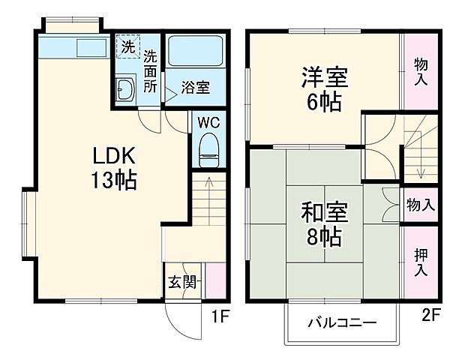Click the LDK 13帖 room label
tap(114, 168)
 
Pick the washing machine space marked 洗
tap(127, 46)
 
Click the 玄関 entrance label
tap(181, 282)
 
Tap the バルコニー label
tap(341, 323)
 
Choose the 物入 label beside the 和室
tap(419, 205)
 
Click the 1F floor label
tap(219, 316)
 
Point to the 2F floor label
tap(429, 316)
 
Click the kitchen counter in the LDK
tap(74, 48)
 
